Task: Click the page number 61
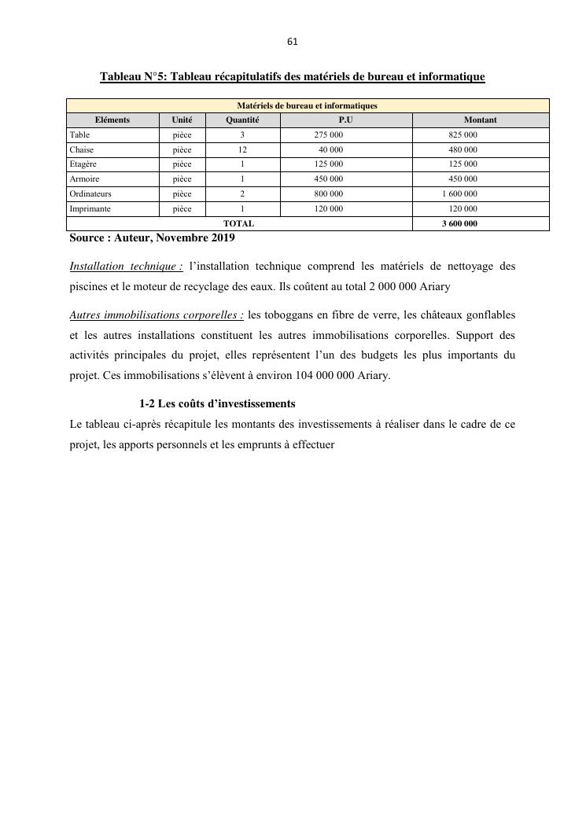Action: pyautogui.click(x=293, y=42)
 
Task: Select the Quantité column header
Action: pyautogui.click(x=242, y=120)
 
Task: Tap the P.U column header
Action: pyautogui.click(x=345, y=120)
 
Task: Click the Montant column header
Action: pyautogui.click(x=480, y=120)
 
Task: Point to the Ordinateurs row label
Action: pyautogui.click(x=90, y=193)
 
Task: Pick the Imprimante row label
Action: pyautogui.click(x=90, y=208)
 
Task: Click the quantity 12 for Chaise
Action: pyautogui.click(x=242, y=149)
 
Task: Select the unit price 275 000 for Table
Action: pyautogui.click(x=328, y=135)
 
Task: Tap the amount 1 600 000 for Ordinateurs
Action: pyautogui.click(x=459, y=193)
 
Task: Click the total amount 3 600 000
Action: pyautogui.click(x=459, y=223)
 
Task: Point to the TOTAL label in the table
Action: pyautogui.click(x=238, y=223)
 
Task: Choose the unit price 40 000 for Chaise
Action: pyautogui.click(x=330, y=149)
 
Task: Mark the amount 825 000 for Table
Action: pyautogui.click(x=463, y=135)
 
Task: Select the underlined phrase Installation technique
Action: pyautogui.click(x=126, y=267)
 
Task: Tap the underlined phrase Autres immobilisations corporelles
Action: pyautogui.click(x=157, y=315)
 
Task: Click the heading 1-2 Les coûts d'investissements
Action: pyautogui.click(x=217, y=404)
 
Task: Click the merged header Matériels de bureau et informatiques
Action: pyautogui.click(x=308, y=105)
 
